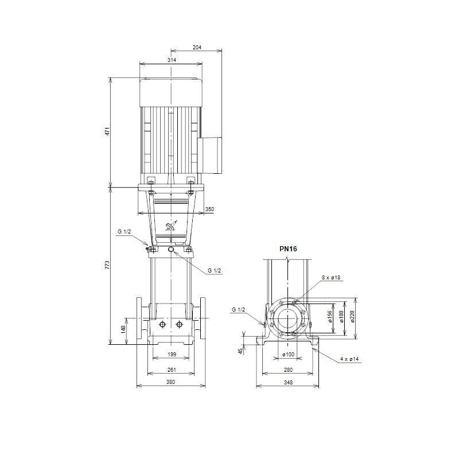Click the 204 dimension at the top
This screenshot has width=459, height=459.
coord(197,48)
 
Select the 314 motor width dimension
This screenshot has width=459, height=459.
coord(172,60)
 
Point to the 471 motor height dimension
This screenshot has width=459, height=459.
coord(107,131)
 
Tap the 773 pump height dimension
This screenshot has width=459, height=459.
coord(107,265)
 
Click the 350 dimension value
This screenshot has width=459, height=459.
coord(209,209)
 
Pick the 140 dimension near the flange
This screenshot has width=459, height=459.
coord(123,329)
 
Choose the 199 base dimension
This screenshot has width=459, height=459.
coord(172,355)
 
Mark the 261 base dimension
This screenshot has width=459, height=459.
coord(172,370)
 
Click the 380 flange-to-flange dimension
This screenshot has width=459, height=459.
coord(170,382)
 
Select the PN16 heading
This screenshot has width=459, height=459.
coord(288,249)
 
